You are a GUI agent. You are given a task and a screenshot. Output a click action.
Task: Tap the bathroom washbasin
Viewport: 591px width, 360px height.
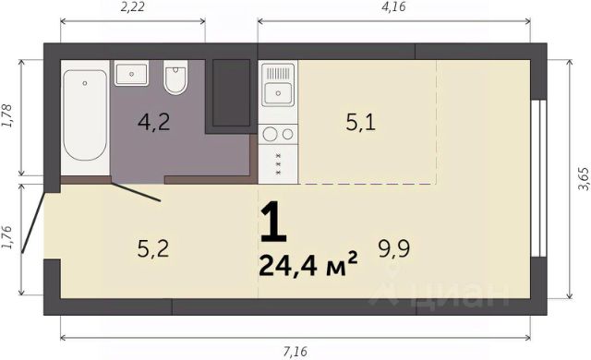coord(131,74)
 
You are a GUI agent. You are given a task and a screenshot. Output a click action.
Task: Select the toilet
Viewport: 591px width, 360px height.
coord(175,78)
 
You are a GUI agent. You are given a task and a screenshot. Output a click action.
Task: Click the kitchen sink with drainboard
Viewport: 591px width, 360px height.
coord(278,85)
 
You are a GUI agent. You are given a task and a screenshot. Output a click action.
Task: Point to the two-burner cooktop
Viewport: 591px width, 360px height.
coord(278,134)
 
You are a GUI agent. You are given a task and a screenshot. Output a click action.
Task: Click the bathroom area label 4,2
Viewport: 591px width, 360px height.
coord(154,122)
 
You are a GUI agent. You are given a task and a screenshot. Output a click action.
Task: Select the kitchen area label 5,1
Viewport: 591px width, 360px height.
coord(361,123)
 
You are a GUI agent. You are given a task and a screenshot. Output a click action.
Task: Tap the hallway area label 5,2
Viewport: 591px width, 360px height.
coord(153,248)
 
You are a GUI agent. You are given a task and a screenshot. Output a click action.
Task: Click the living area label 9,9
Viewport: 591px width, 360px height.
coord(394,248)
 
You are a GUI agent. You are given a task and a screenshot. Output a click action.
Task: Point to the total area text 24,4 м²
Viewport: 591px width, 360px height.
coord(308,264)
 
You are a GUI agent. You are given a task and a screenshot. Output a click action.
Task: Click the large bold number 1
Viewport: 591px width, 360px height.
coord(273,222)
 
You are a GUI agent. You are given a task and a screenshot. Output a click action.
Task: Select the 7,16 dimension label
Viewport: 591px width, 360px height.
coord(295,352)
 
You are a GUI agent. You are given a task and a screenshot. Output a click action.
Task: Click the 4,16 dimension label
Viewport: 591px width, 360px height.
coord(394,6)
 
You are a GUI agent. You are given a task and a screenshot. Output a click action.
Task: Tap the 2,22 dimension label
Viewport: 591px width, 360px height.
coord(132,6)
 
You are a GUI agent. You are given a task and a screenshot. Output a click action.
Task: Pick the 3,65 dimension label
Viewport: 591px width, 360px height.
coord(583,179)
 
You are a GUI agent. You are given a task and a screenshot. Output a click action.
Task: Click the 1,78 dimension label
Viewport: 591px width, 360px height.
coord(7,115)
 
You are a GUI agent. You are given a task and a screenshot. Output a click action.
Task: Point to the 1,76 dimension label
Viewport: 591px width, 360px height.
coord(7,237)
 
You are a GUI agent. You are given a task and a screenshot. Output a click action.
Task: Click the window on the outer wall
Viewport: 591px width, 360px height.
coord(539,178)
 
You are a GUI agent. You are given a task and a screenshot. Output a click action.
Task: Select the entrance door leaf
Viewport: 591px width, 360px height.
coord(33,222)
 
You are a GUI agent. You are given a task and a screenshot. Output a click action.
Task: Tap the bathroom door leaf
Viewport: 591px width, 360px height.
coord(136,192)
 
